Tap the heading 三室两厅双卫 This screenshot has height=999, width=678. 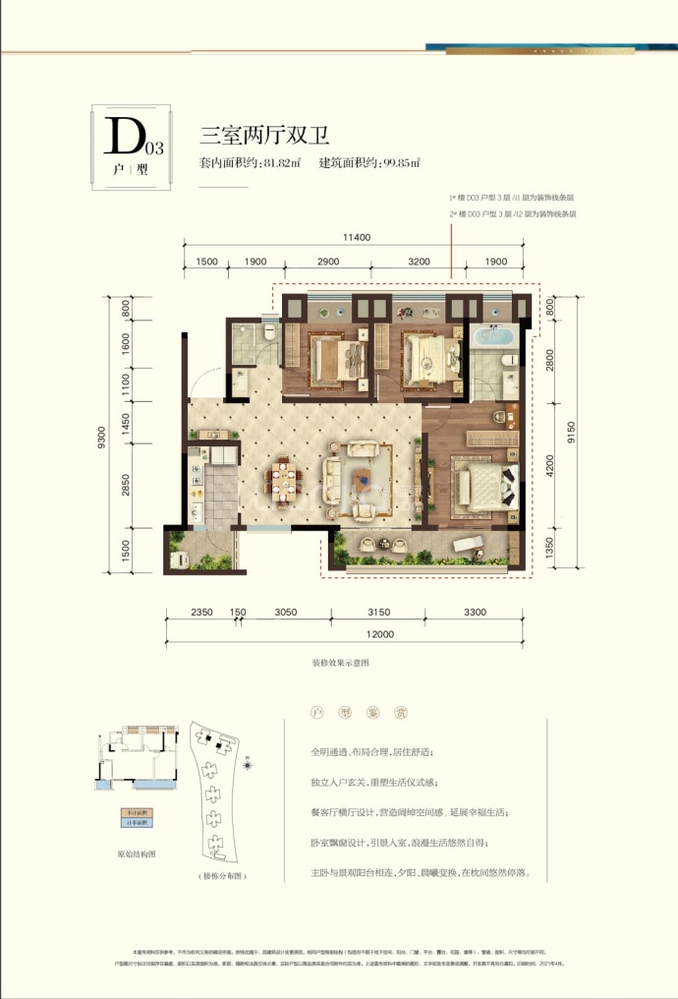(x=247, y=137)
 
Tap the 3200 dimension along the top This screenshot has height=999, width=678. (x=419, y=262)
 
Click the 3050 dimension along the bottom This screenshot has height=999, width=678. (x=285, y=612)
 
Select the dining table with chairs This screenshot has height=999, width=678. (x=284, y=481)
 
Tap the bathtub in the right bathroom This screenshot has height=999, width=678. (x=491, y=338)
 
